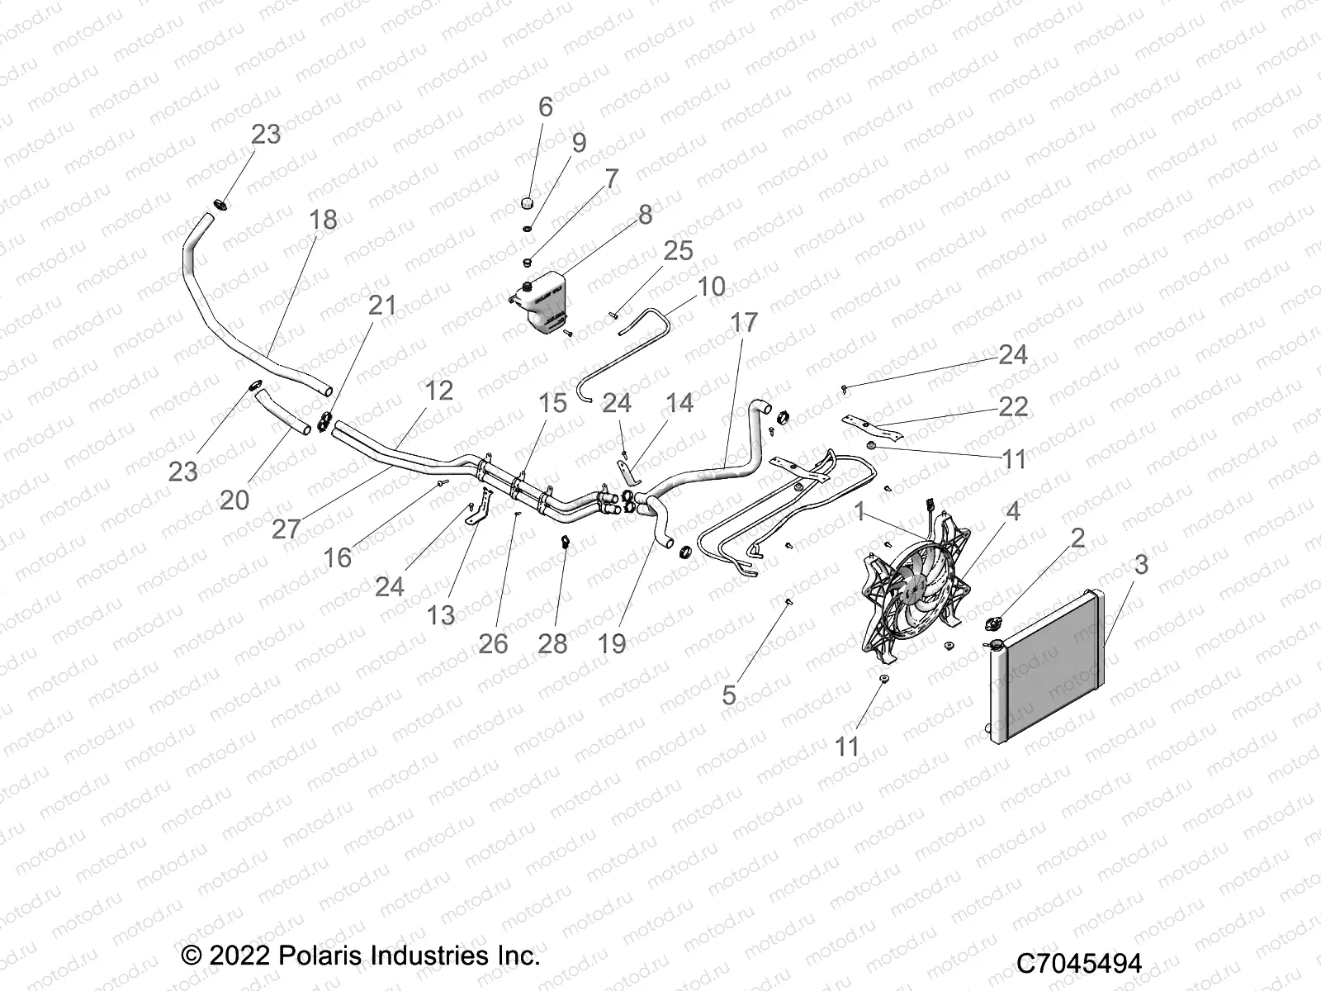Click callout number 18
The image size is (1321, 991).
click(x=323, y=220)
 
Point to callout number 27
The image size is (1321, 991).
click(x=286, y=529)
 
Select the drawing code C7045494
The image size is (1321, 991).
click(x=1078, y=964)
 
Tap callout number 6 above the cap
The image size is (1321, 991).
click(x=545, y=107)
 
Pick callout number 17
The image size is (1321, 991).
click(x=744, y=323)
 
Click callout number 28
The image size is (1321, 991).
click(x=552, y=643)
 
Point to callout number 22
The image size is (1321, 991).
click(x=1013, y=405)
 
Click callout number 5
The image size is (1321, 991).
click(x=728, y=695)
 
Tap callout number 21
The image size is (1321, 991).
click(x=381, y=306)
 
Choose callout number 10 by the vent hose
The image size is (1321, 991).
click(x=711, y=287)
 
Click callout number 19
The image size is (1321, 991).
click(x=612, y=643)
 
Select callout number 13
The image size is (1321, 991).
click(x=441, y=614)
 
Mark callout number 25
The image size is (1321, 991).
click(x=678, y=251)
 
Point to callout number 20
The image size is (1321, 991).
click(x=234, y=500)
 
